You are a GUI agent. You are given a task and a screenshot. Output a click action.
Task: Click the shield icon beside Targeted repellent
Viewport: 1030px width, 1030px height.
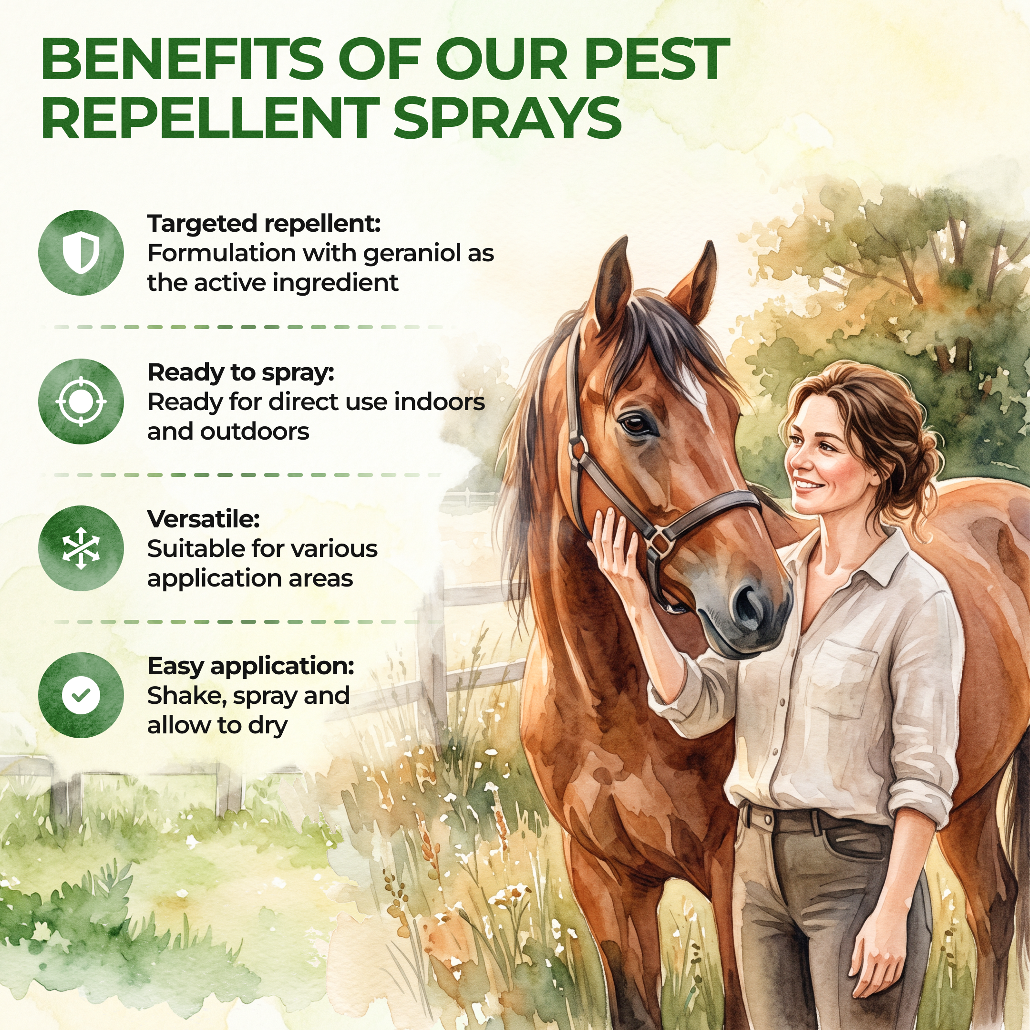[81, 252]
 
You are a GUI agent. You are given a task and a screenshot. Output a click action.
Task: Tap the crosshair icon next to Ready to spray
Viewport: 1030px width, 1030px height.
[81, 401]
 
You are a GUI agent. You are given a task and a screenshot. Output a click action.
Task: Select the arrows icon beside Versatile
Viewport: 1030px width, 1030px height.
[81, 548]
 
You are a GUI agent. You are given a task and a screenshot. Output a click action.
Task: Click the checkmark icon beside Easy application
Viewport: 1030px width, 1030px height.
[81, 695]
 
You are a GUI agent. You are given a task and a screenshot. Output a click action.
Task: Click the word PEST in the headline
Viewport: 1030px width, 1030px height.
[656, 59]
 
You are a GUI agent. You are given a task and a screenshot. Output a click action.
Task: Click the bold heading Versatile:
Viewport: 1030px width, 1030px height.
[203, 519]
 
